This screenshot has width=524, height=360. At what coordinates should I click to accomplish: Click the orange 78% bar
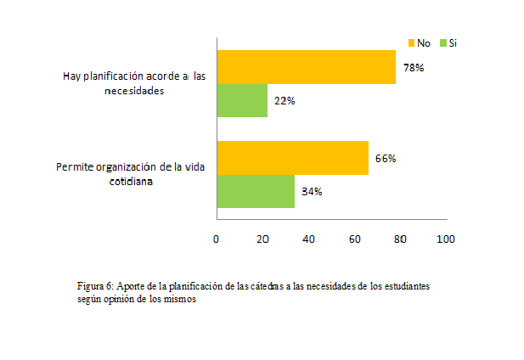[306, 68]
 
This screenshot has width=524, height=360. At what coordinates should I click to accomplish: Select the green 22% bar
[242, 101]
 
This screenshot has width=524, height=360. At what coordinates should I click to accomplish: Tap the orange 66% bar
[292, 158]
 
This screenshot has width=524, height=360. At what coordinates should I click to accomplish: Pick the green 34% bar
[256, 191]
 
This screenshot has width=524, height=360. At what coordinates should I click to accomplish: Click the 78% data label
[414, 68]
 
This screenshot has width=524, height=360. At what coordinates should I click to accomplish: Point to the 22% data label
[285, 101]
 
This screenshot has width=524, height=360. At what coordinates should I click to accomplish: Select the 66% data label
[386, 158]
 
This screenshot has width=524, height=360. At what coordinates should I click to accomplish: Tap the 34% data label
[312, 191]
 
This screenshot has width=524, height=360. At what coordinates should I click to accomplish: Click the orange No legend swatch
[412, 42]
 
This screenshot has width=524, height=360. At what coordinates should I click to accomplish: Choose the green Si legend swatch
[442, 42]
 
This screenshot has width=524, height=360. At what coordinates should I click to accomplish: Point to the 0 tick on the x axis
[217, 239]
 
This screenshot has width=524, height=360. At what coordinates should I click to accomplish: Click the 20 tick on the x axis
[262, 239]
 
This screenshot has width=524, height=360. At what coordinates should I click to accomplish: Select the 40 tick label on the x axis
[308, 239]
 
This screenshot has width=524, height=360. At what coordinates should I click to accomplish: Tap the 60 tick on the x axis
[354, 239]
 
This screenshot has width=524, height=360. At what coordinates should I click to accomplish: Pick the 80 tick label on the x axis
[400, 239]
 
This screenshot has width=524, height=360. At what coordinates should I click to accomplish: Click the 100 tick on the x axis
[445, 239]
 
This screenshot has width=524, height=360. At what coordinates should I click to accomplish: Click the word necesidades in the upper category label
[133, 91]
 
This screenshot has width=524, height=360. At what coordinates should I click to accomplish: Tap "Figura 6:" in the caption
[94, 286]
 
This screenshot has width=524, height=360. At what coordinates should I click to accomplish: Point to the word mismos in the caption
[179, 300]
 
